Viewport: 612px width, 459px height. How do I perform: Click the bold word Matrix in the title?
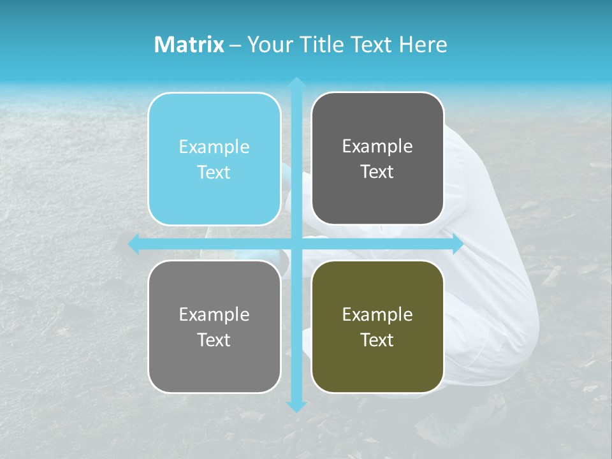click(x=189, y=45)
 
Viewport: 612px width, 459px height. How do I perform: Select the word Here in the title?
click(x=423, y=45)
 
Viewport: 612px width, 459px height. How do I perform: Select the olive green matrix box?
click(x=377, y=370)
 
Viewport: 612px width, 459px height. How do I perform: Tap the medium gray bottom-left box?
click(x=214, y=370)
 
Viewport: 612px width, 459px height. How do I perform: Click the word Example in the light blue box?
click(x=214, y=147)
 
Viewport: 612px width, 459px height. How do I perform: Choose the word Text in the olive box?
click(x=377, y=340)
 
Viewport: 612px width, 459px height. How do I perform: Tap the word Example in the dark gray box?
click(x=377, y=147)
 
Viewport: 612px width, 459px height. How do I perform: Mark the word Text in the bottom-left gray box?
click(x=214, y=340)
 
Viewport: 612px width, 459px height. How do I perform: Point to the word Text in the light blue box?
click(x=214, y=172)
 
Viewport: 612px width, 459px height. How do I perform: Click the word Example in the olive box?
click(x=377, y=314)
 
